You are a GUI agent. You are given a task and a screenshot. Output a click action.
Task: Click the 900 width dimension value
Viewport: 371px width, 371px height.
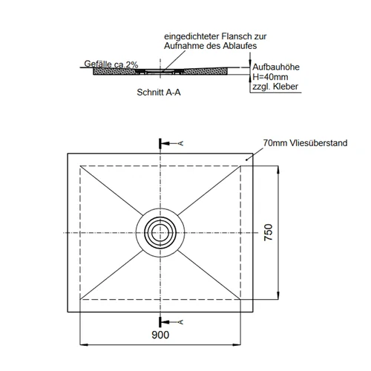pos(160,335)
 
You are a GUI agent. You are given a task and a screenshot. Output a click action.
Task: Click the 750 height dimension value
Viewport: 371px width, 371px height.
pos(269,232)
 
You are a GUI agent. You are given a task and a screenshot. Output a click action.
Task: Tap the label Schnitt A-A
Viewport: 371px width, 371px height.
pos(159,92)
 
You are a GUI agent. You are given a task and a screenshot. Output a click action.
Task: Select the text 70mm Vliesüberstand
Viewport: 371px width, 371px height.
pos(305,143)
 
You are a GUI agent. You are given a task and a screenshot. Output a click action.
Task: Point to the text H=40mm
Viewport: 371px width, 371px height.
pos(270,77)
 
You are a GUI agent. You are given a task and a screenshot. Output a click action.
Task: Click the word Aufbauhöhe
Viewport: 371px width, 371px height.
pos(276,67)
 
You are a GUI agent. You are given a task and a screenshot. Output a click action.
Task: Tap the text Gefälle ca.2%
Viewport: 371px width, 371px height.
pos(111,64)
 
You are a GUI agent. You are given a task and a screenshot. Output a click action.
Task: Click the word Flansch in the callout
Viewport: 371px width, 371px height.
pos(236,36)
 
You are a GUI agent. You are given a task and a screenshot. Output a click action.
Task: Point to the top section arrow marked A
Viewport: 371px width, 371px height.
pos(171,143)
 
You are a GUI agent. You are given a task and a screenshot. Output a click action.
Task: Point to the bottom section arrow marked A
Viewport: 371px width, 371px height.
pos(171,322)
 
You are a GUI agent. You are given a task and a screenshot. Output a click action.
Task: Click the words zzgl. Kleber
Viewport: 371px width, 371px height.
pos(275,87)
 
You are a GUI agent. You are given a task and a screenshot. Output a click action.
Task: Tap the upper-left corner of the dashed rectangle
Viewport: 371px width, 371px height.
pos(80,165)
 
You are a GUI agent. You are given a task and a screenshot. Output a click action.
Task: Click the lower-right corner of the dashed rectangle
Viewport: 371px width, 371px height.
pos(240,299)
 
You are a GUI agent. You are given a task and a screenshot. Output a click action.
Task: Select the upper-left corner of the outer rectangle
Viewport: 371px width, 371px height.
pos(68,154)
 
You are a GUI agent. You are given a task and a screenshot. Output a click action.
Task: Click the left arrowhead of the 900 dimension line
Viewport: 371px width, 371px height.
pos(84,344)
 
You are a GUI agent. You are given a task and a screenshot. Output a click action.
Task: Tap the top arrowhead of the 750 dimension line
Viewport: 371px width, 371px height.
pos(278,169)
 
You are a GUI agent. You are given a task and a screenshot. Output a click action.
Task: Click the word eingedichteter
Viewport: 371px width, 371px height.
pos(191,36)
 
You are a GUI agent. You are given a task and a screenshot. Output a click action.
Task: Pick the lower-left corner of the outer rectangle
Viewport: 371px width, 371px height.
pos(68,312)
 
